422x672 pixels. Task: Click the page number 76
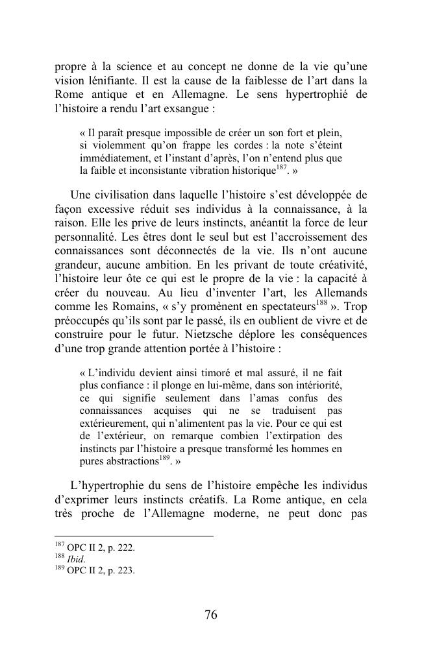210,616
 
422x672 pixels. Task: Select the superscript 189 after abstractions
166,459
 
